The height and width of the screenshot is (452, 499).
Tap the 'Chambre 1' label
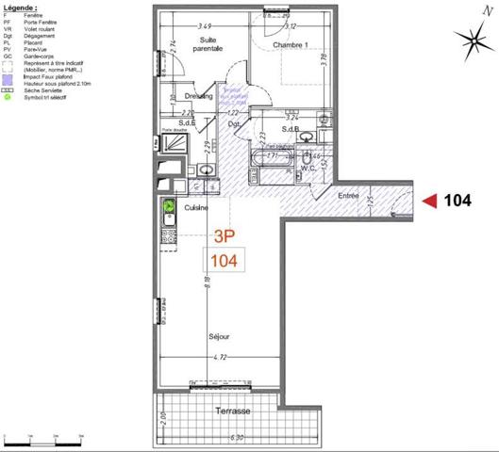point(293,45)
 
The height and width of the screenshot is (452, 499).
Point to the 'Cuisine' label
point(196,207)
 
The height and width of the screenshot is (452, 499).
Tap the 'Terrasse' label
point(231,412)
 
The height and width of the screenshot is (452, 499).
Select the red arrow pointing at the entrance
point(427,200)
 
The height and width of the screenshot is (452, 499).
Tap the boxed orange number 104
point(225,259)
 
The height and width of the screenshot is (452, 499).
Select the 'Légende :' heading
point(23,6)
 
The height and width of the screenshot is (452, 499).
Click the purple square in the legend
point(8,76)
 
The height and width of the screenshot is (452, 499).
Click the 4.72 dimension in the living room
point(218,357)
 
